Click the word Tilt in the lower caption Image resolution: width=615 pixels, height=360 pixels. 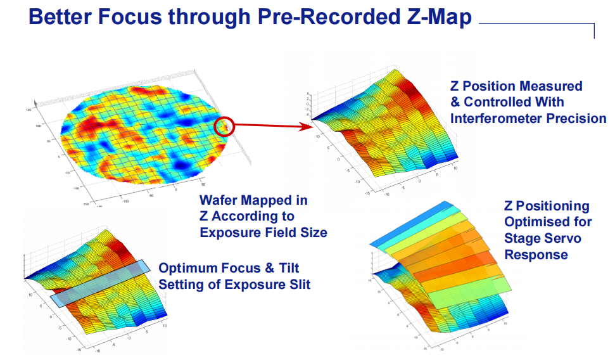295,267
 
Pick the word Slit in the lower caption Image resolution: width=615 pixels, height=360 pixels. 299,284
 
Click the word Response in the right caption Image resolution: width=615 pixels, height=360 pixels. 536,254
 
